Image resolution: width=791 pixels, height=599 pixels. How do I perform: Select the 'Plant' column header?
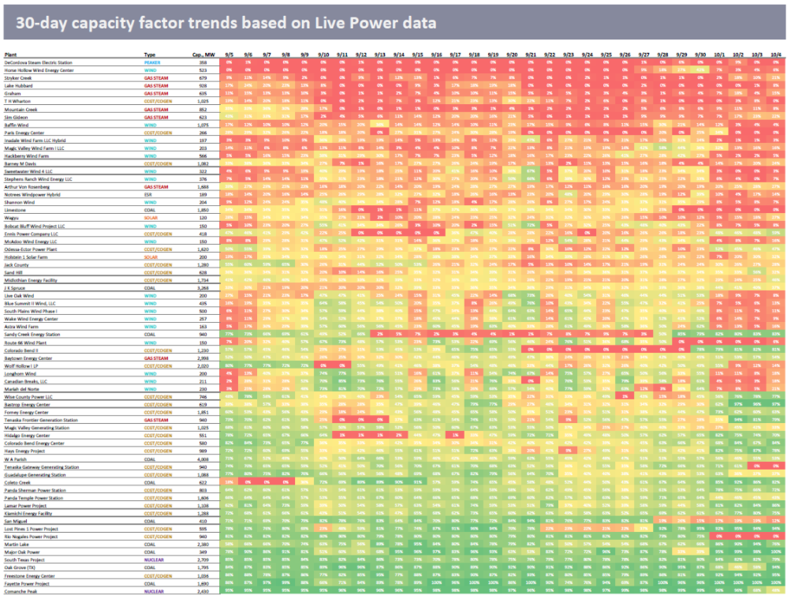click(x=13, y=54)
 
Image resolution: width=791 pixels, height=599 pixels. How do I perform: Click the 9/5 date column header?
click(x=229, y=54)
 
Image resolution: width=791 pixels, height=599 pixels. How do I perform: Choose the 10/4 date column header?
click(x=777, y=54)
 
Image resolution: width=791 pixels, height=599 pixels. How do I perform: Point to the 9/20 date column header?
click(x=512, y=54)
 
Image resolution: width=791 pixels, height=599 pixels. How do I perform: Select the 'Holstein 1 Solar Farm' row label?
click(x=28, y=256)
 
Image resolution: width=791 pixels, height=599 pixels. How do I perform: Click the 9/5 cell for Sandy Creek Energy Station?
click(x=229, y=335)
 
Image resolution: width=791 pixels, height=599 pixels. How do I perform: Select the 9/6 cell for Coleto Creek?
click(x=248, y=481)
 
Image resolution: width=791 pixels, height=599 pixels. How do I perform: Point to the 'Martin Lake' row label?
click(x=19, y=545)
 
